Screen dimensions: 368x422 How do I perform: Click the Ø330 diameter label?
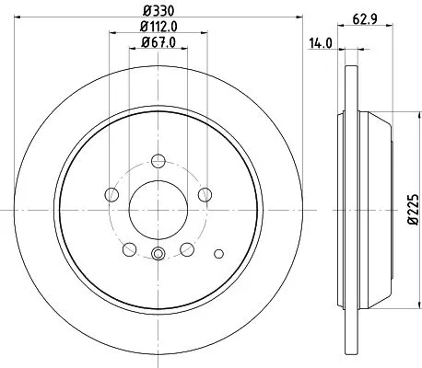coord(158,11)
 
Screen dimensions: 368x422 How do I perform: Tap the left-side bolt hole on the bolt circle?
coord(111,193)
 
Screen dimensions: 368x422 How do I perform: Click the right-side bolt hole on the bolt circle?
coord(205,193)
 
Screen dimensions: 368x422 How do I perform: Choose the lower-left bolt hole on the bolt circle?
coord(129,247)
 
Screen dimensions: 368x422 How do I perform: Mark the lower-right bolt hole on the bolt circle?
coord(187,247)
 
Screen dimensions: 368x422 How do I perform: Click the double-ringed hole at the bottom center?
coord(158,255)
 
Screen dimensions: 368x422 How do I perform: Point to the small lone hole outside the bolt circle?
coord(218,253)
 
